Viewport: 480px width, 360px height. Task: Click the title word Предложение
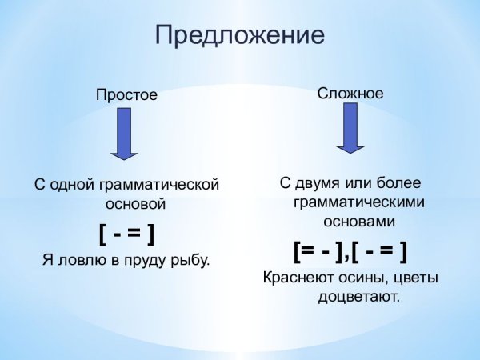point(240,36)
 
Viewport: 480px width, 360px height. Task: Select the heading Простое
point(127,94)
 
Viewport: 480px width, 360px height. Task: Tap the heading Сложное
point(350,94)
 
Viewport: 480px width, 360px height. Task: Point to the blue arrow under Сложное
point(350,128)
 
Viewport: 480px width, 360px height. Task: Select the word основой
point(126,204)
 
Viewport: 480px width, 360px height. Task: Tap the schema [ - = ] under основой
point(126,234)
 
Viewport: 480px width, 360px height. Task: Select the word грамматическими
point(358,202)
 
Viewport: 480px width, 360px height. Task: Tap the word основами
point(358,220)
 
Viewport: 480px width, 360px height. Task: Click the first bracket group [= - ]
point(319,251)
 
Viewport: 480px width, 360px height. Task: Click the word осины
point(362,278)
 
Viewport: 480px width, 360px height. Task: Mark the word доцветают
point(358,297)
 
